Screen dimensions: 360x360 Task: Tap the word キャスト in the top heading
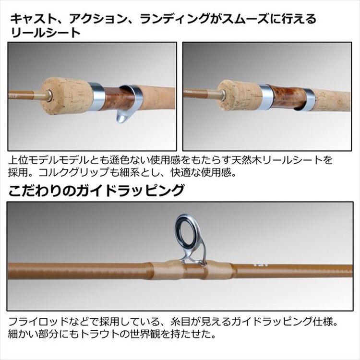[30, 19]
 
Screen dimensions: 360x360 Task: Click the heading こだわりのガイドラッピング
[96, 191]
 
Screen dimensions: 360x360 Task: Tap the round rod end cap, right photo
[223, 90]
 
